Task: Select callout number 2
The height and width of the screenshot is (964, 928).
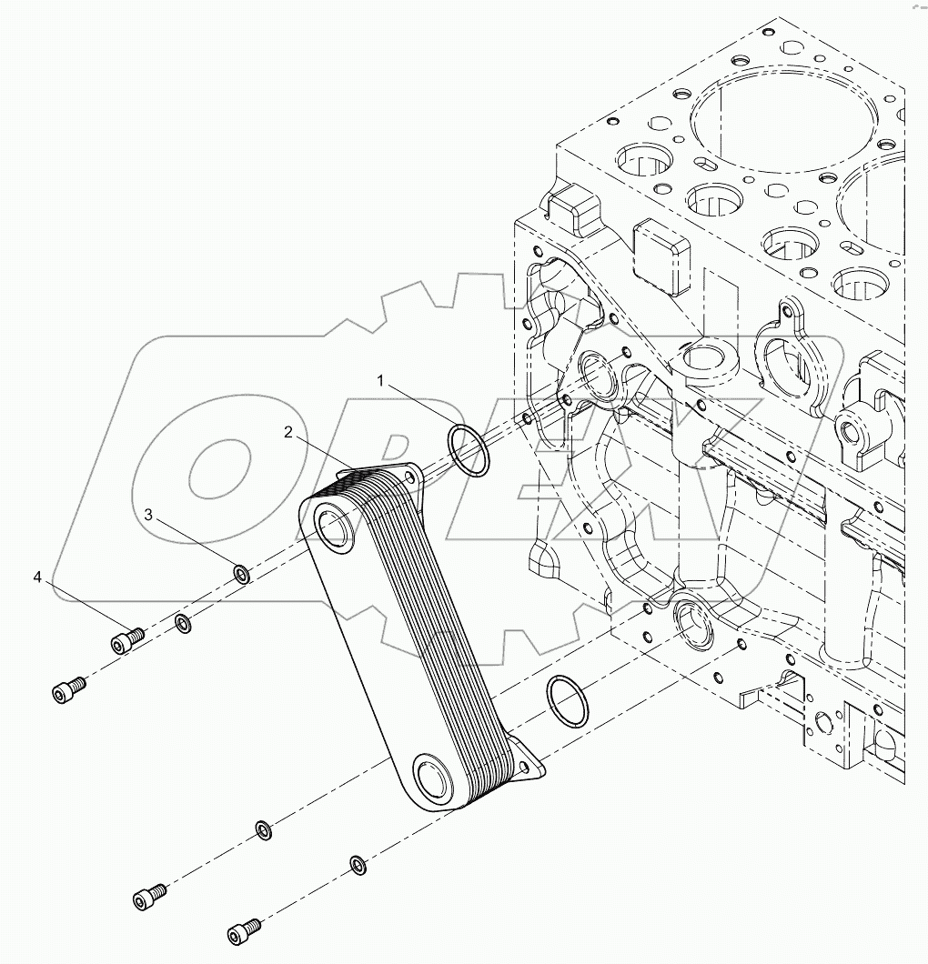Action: click(x=288, y=433)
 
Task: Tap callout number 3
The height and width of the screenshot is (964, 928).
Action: click(x=148, y=516)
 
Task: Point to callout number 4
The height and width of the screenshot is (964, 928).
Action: click(x=37, y=577)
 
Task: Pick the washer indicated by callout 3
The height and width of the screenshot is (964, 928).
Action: click(x=242, y=574)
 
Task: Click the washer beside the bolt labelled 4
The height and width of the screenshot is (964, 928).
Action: click(x=183, y=624)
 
